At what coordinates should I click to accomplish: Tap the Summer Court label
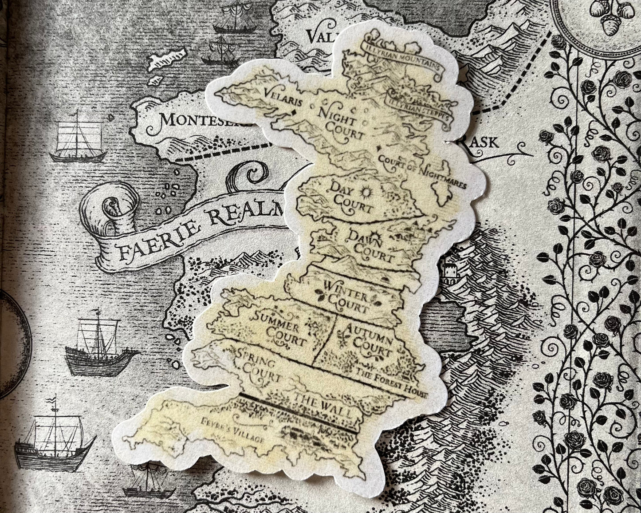click(x=278, y=328)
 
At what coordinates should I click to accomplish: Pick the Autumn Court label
click(x=368, y=342)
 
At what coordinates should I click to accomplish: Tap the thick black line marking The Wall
click(x=297, y=412)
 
